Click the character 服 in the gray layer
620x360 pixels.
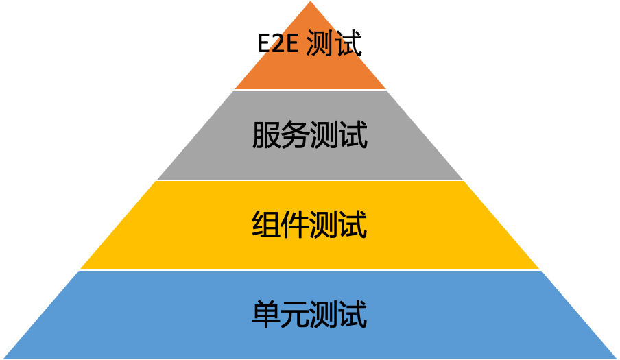[266, 135]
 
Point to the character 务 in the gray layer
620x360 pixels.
[296, 135]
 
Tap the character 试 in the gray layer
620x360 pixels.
[354, 135]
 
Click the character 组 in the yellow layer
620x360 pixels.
[266, 225]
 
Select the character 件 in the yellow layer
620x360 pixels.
[296, 225]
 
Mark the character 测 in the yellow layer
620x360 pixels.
[324, 225]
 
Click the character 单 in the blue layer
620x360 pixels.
[266, 315]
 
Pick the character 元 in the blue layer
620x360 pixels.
[296, 315]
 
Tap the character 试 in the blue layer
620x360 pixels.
[354, 315]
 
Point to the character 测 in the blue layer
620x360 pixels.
[324, 315]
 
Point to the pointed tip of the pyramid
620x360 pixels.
[310, 3]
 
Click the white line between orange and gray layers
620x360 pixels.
[310, 90]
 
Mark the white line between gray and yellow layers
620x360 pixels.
[310, 180]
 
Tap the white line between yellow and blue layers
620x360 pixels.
[310, 270]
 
